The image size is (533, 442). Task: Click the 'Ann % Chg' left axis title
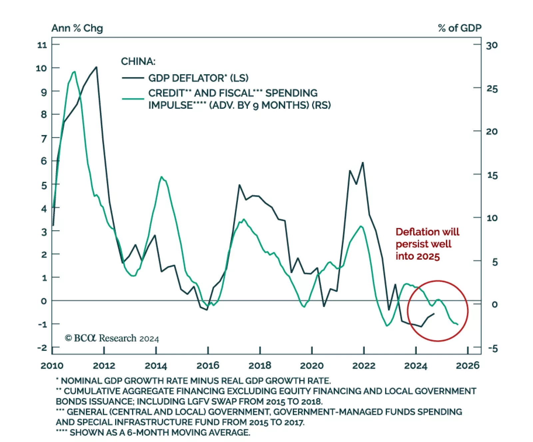(77, 28)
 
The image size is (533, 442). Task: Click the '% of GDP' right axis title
(459, 28)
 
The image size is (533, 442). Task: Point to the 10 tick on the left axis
(42, 68)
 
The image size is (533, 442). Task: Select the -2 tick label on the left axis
(42, 348)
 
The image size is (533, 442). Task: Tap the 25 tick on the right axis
(492, 89)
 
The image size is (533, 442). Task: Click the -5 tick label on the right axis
(493, 349)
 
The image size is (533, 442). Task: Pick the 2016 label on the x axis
(208, 366)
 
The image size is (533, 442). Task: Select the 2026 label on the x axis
(467, 366)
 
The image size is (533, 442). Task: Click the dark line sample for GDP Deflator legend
(133, 78)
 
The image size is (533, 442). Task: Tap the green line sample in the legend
(133, 99)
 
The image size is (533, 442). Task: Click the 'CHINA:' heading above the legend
(138, 61)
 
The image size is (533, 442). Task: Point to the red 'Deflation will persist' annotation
(427, 244)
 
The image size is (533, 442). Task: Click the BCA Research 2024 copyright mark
(112, 338)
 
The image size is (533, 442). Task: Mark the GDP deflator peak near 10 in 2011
(96, 67)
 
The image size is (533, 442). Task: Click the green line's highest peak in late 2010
(74, 72)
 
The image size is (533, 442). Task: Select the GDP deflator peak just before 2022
(363, 163)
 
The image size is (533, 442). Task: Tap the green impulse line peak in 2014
(162, 177)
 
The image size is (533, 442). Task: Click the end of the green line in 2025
(458, 324)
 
